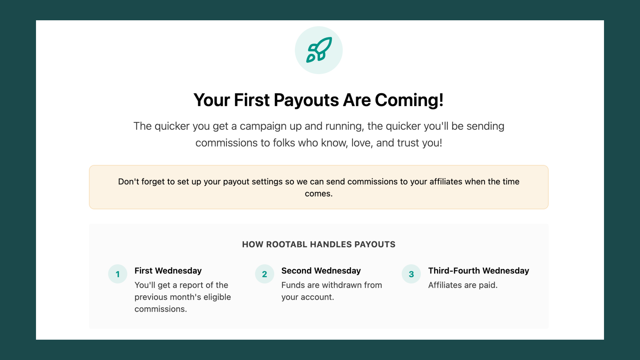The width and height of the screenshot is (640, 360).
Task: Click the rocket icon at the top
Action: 319,50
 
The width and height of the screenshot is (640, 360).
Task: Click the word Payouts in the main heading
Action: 306,100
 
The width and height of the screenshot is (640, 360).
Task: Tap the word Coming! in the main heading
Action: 409,100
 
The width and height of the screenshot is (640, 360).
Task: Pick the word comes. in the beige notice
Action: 319,194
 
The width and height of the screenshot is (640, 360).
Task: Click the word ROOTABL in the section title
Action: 287,245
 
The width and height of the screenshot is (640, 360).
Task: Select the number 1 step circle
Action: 117,274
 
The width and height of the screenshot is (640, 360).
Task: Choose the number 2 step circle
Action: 264,274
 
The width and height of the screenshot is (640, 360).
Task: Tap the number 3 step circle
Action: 411,274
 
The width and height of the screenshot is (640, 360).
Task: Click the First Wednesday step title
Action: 168,271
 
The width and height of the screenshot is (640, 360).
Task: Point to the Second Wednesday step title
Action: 321,271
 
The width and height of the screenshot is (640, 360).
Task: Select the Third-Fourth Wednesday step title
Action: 479,271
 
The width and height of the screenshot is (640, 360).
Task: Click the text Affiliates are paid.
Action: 463,285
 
